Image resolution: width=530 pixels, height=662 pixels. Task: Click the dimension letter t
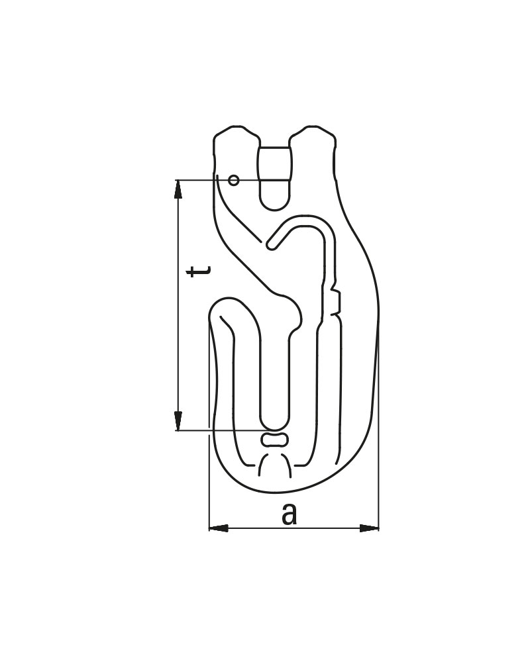(x=200, y=271)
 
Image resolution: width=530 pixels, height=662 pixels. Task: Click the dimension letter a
(x=290, y=514)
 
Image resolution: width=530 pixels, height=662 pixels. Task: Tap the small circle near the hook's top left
(x=233, y=181)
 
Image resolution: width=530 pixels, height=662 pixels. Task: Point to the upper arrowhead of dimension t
(x=178, y=189)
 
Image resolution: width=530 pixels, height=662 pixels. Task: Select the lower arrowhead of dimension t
(x=178, y=421)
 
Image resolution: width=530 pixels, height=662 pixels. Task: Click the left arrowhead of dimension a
(x=219, y=528)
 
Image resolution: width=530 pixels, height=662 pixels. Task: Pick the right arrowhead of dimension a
(x=369, y=528)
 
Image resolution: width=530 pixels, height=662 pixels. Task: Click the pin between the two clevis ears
(x=275, y=164)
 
